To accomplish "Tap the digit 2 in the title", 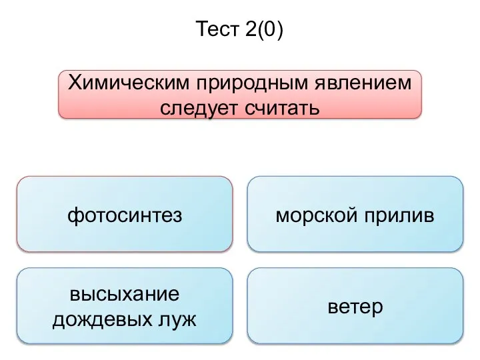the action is [x=251, y=29].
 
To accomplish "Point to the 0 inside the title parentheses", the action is [x=269, y=29].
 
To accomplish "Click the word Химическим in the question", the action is [x=129, y=83].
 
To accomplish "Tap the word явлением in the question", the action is [x=363, y=83].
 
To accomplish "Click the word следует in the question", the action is [x=199, y=109].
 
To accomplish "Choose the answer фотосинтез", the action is [x=125, y=215].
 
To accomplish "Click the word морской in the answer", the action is [x=316, y=215].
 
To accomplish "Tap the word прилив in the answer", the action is [x=399, y=216].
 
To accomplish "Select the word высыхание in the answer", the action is [x=125, y=294].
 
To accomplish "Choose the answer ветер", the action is [x=355, y=307].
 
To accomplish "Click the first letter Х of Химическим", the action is [x=74, y=83].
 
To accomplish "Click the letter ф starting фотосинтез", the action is [x=75, y=216].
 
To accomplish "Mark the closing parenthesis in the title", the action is [x=279, y=30].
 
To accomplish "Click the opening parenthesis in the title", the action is [x=260, y=30].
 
